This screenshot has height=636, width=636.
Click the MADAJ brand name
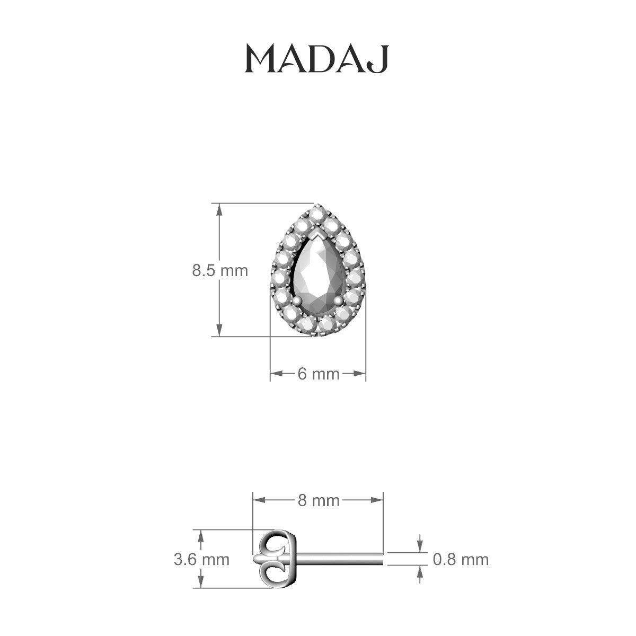(317, 59)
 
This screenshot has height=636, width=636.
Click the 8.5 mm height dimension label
(220, 271)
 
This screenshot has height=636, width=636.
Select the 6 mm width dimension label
(318, 374)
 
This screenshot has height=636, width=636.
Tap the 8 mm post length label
(318, 500)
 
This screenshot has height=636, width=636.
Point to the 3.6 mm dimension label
(201, 559)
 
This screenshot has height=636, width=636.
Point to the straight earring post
(339, 559)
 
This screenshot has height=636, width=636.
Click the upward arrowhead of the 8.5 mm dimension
(218, 207)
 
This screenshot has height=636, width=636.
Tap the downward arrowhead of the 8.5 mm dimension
(218, 332)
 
